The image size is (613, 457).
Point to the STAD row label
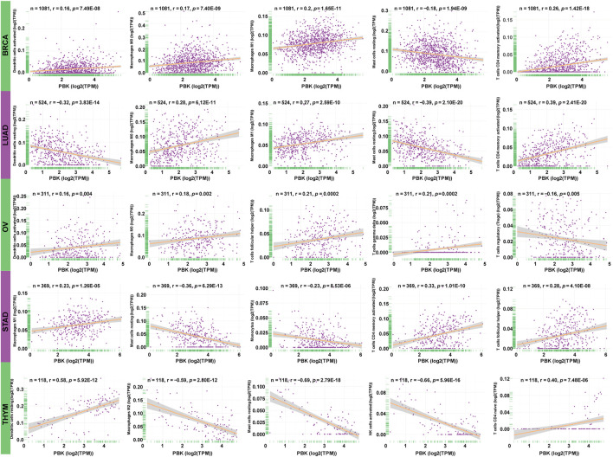click(6, 312)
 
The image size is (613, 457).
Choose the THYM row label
click(6, 404)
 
